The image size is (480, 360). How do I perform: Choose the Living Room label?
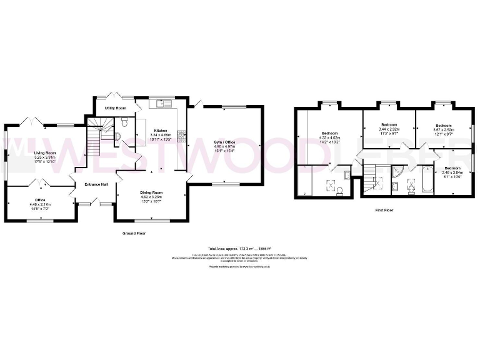point(45,152)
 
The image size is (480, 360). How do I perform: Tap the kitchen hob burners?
point(182,134)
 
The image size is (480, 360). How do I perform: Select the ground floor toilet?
point(124,121)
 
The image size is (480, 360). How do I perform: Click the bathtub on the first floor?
point(428,180)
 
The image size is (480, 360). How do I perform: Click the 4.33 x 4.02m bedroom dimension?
point(330,139)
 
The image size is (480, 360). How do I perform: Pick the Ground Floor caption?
point(134,233)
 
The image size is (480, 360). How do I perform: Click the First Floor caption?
point(384,211)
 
